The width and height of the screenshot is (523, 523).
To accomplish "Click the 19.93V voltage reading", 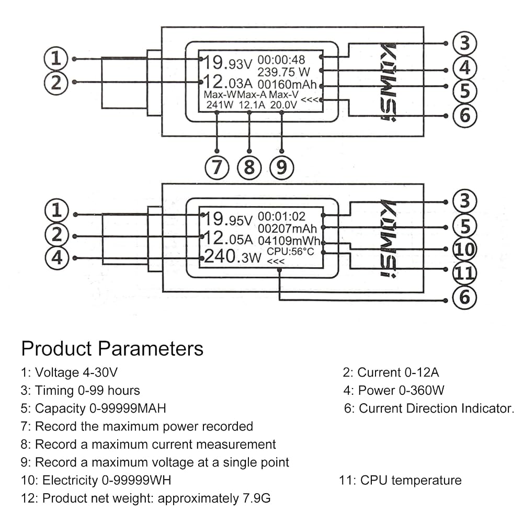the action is tap(228, 62).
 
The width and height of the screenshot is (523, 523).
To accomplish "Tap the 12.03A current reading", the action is tap(228, 82).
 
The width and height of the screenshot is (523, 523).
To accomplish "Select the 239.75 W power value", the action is tap(284, 72).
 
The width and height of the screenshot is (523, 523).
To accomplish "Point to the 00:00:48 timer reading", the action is tap(281, 60).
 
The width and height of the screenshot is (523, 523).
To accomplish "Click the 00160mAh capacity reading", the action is tap(287, 84).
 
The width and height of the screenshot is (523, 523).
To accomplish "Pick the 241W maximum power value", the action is tap(220, 105).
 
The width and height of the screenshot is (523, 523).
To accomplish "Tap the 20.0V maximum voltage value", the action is tap(283, 105).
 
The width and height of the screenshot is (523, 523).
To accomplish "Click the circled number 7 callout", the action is tap(217, 167).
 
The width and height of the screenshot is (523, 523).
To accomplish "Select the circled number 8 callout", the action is tap(249, 167).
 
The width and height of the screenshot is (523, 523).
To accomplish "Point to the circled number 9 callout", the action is tap(281, 167).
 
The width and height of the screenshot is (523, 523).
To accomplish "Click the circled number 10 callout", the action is tap(464, 249).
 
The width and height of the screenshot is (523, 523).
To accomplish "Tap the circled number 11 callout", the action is tap(464, 273).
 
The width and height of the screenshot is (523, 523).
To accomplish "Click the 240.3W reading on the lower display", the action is tap(233, 256).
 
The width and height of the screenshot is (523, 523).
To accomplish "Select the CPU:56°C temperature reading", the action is tap(290, 252).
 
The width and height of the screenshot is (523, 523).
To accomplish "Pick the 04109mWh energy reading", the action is tap(289, 241).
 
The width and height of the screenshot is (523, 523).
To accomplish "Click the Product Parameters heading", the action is tap(112, 349).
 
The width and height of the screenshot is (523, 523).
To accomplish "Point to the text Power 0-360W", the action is tap(401, 390).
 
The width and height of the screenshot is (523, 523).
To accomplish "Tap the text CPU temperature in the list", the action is tap(411, 480).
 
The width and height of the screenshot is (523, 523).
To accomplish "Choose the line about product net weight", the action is tap(145, 498).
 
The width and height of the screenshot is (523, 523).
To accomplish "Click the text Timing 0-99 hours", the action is tap(87, 390).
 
